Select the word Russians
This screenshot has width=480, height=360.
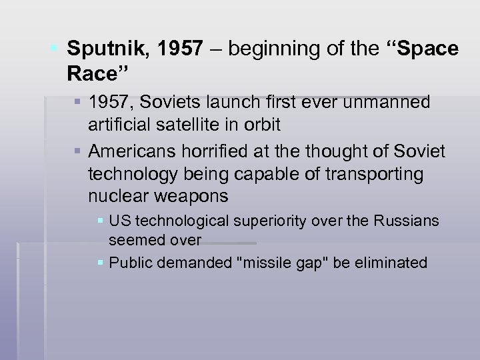[409, 221]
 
